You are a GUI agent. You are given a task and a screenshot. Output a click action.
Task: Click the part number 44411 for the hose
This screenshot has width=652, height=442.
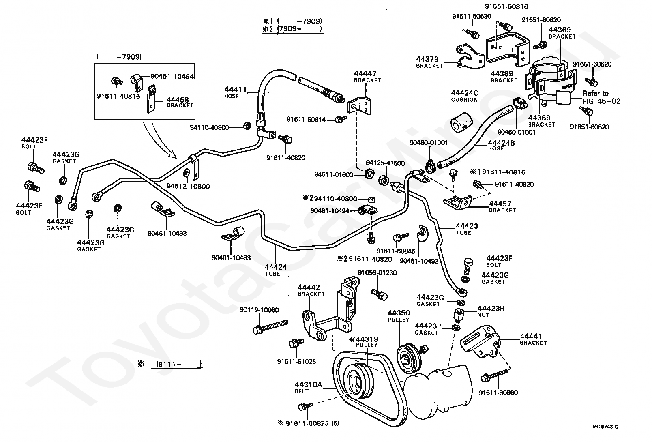coord(235,89)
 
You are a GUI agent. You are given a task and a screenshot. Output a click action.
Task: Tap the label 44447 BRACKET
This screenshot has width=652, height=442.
coord(367,77)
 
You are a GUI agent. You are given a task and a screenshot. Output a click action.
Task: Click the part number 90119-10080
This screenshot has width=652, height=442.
coord(259,310)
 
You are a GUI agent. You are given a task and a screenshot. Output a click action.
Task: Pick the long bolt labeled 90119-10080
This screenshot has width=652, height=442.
coord(270,327)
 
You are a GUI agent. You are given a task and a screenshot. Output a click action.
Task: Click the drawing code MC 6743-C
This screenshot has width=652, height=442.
coord(605,427)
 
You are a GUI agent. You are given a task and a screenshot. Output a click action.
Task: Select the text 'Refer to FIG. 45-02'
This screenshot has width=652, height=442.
coord(601,97)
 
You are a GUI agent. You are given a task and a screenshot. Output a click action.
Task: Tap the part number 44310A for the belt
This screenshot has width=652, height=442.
coord(308,385)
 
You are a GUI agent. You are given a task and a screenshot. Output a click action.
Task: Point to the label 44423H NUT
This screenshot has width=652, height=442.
coord(491,311)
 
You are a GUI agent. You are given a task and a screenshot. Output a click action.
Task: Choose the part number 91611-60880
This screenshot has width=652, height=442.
coord(498,393)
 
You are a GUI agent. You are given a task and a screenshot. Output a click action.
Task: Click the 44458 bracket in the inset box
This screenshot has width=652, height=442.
coord(151,99)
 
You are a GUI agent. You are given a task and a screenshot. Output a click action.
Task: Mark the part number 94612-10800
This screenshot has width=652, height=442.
coord(188,187)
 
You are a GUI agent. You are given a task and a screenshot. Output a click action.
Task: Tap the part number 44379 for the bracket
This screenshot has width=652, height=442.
coord(427,59)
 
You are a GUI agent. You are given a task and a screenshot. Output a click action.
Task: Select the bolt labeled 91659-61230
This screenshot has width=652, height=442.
coord(379,294)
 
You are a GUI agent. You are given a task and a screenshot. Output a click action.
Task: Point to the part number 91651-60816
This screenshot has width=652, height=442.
coord(506,6)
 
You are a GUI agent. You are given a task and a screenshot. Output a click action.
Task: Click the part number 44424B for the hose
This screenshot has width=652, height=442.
coord(501,143)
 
